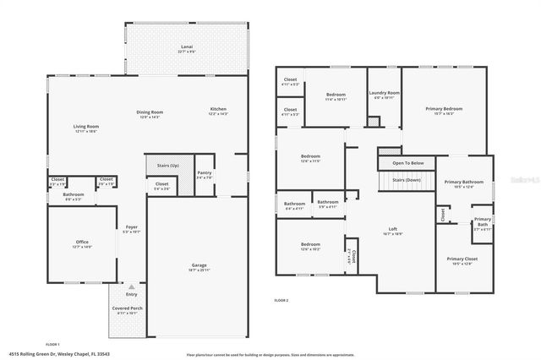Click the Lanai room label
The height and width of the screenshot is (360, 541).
[186, 46]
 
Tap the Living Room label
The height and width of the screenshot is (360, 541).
[86, 127]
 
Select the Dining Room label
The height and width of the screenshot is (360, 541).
[150, 112]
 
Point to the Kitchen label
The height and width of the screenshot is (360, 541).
[218, 110]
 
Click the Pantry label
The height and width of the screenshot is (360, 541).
[205, 173]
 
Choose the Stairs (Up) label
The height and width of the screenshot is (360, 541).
[168, 166]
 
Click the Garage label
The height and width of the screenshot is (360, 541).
[199, 265]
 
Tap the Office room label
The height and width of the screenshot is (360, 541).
[82, 243]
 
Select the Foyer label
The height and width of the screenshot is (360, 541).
[131, 227]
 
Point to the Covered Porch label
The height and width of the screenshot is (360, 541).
[128, 308]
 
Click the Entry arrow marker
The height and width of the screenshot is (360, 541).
[131, 287]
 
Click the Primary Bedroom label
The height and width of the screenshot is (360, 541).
[444, 109]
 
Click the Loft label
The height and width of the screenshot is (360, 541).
[392, 230]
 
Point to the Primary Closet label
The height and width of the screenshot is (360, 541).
[462, 259]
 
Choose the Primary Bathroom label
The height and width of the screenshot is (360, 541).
[464, 183]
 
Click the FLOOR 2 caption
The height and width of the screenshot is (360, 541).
[281, 300]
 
